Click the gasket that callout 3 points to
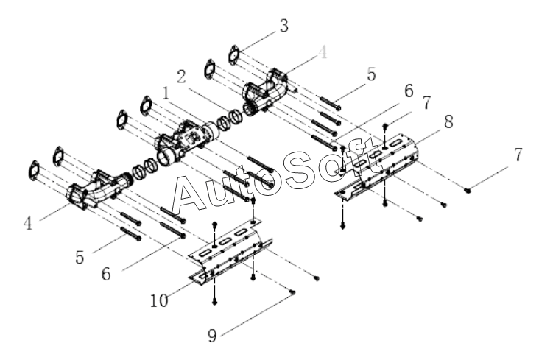[235, 54]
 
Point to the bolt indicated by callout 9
[293, 292]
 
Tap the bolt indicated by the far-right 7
[468, 190]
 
